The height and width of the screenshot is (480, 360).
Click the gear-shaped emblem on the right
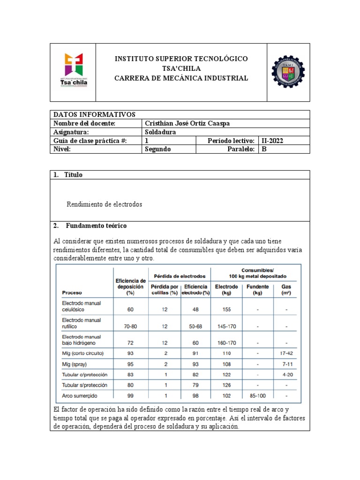pyautogui.click(x=288, y=73)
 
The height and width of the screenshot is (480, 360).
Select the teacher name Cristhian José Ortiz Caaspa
pyautogui.click(x=187, y=123)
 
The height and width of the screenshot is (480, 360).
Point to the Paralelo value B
pyautogui.click(x=264, y=149)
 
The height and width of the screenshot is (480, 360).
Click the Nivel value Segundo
pyautogui.click(x=158, y=149)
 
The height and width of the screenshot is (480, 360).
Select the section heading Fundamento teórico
pyautogui.click(x=96, y=226)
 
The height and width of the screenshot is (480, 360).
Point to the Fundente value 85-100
pyautogui.click(x=257, y=395)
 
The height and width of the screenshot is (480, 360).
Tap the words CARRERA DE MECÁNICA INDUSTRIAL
pyautogui.click(x=181, y=78)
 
